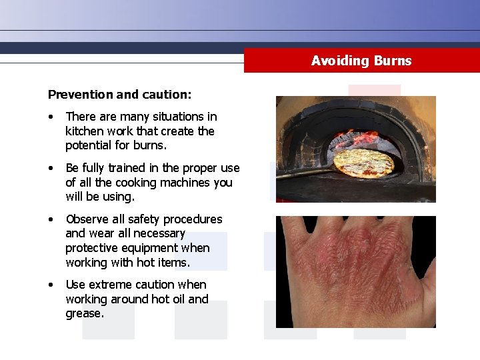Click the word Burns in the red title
[x=393, y=61]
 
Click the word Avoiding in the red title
[x=340, y=61]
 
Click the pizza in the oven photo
[x=364, y=163]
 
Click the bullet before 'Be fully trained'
[x=51, y=168]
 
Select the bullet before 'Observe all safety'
[x=51, y=219]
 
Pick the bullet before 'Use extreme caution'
[x=51, y=285]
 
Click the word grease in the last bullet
[x=84, y=313]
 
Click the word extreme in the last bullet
[x=119, y=285]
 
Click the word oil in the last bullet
[x=176, y=299]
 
